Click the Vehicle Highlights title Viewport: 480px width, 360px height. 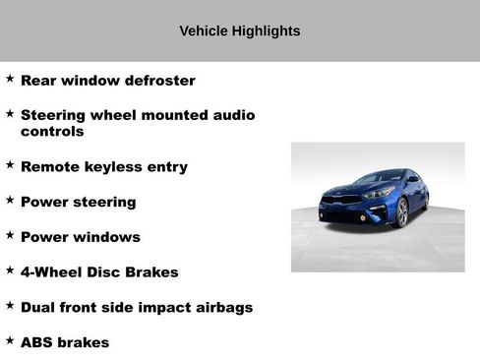(x=240, y=31)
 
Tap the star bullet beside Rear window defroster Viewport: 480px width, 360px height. (x=10, y=79)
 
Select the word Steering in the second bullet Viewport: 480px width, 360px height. (x=55, y=115)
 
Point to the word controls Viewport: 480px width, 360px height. (x=52, y=131)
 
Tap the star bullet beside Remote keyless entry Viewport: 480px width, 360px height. (x=10, y=164)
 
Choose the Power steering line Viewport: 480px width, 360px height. (x=78, y=203)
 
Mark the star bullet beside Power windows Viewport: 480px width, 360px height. (x=10, y=235)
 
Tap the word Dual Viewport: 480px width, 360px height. (x=40, y=308)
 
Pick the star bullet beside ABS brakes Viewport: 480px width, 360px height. (x=10, y=340)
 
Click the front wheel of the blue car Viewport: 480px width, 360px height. (x=401, y=212)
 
